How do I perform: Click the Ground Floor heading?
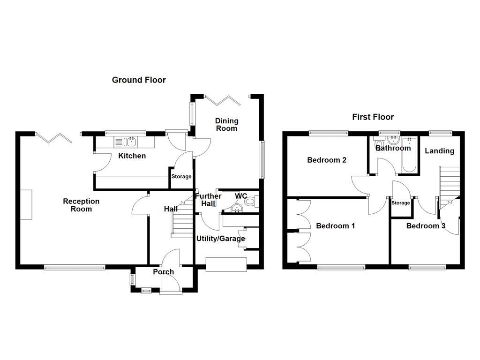coord(139,80)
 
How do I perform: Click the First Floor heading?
coord(373,117)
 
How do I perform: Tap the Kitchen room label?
coord(132,156)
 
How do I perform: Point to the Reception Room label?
coord(81,205)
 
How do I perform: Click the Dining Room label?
coord(226,125)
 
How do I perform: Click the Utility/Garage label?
coord(220,239)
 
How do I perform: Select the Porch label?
coord(163,272)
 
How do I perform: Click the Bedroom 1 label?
coord(335,226)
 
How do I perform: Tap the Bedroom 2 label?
coord(327,160)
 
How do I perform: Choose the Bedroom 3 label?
coord(426,226)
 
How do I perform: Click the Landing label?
coord(439,151)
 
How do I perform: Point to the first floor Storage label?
coord(400,203)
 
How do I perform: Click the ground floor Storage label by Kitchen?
coord(181,177)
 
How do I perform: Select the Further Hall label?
coord(208,200)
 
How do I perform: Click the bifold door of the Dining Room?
coord(223,100)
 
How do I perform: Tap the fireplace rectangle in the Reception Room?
coord(26,204)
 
